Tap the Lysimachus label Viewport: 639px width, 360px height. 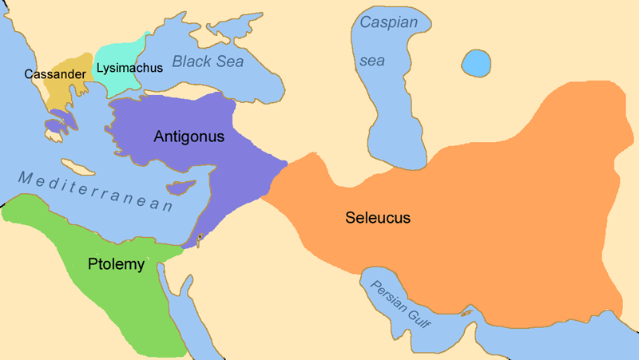pyautogui.click(x=129, y=67)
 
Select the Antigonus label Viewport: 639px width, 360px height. pyautogui.click(x=189, y=136)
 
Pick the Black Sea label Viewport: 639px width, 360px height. pyautogui.click(x=208, y=61)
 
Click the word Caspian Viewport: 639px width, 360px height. pyautogui.click(x=389, y=23)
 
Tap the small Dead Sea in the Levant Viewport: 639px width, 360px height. pyautogui.click(x=198, y=237)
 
